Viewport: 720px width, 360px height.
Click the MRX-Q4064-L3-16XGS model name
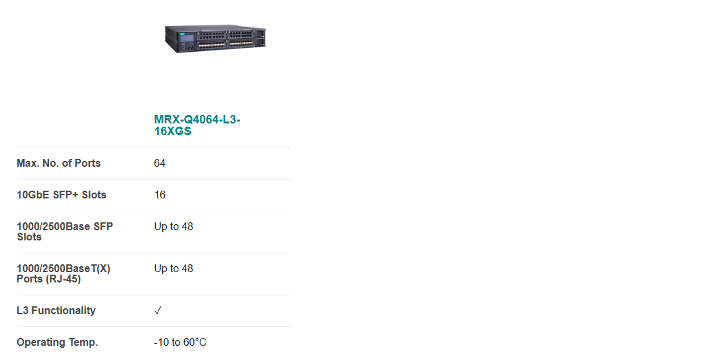click(197, 125)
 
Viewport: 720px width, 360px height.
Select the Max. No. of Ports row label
click(58, 164)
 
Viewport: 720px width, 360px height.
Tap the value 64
click(160, 164)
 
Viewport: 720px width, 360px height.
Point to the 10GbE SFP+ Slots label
click(61, 195)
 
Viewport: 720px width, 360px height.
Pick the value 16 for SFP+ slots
click(160, 195)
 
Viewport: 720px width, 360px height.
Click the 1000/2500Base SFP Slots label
click(65, 232)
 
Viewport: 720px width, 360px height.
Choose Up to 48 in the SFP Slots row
click(174, 227)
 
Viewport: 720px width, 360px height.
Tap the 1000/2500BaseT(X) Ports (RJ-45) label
click(63, 273)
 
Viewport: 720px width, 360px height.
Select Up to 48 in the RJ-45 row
click(174, 269)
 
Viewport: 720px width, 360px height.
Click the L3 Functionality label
click(56, 310)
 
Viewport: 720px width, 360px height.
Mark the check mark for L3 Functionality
click(158, 311)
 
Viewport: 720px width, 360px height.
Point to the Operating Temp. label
click(57, 343)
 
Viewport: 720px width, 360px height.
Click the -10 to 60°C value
click(180, 343)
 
